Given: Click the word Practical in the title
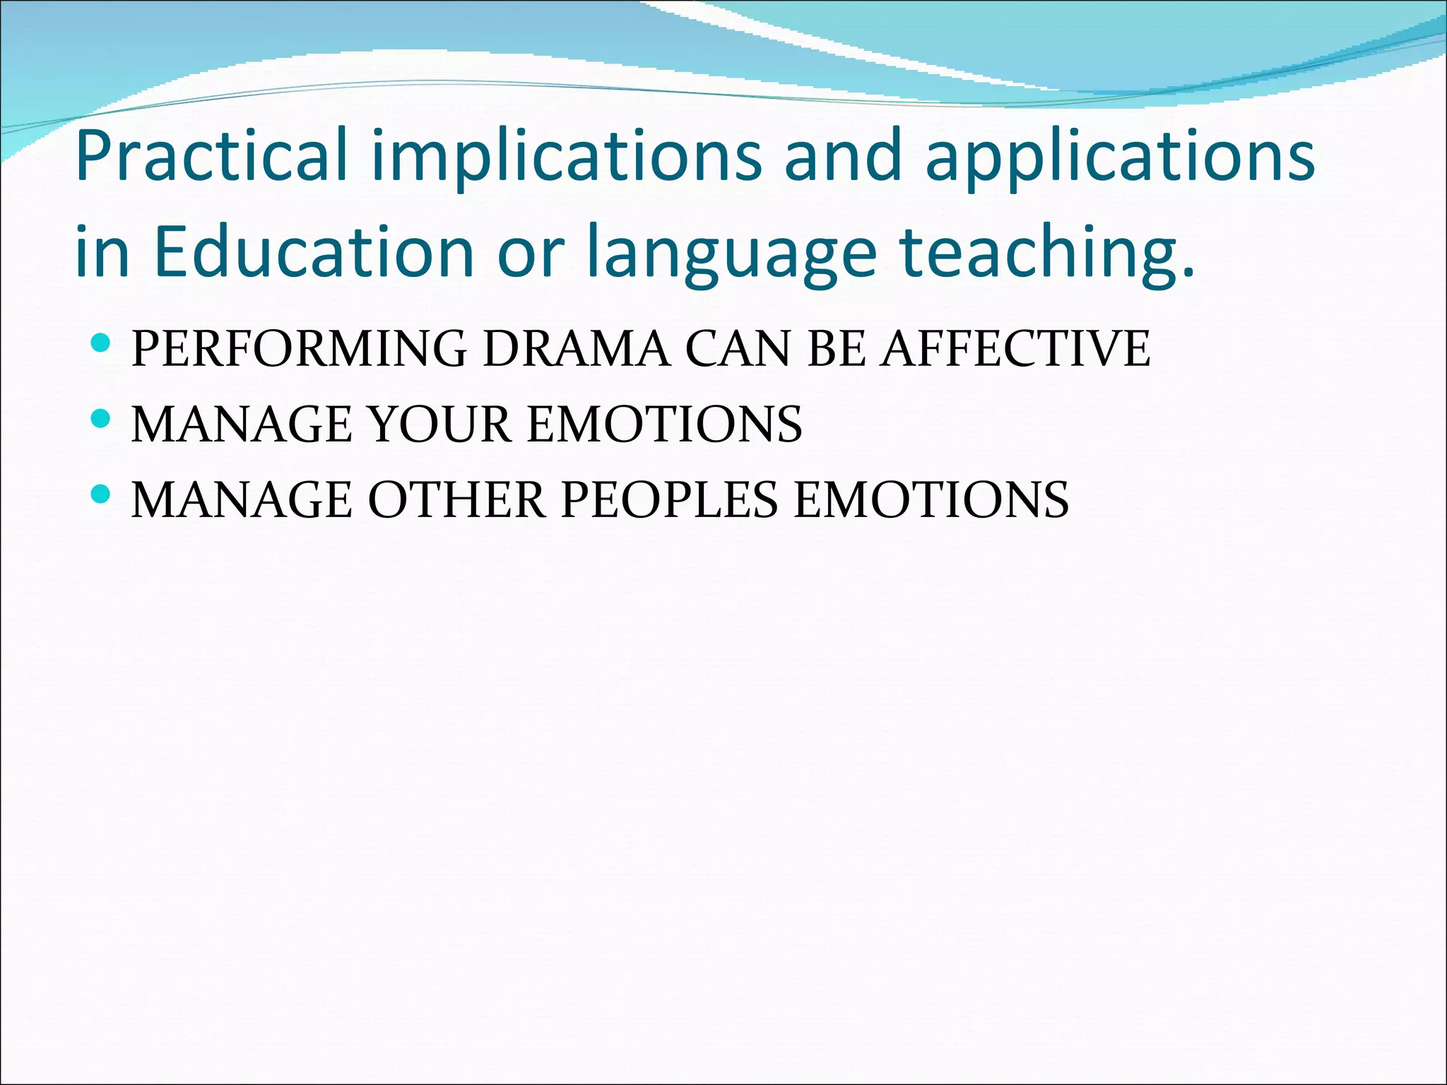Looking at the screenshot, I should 211,155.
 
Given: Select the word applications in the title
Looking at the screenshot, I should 1120,155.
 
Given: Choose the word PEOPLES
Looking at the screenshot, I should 669,499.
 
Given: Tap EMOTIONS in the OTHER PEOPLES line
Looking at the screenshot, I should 931,499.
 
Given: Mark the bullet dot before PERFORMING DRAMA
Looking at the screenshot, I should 101,344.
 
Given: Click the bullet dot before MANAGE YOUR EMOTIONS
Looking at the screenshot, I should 101,420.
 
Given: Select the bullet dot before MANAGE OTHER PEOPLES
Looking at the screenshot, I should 101,494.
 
